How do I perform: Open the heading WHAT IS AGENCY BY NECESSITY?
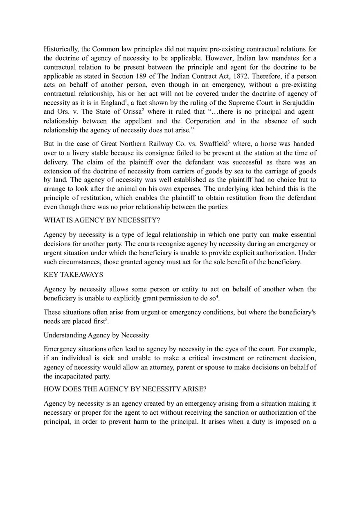(102, 220)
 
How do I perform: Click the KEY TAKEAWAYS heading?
(73, 274)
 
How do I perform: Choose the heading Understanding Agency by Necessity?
(97, 335)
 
